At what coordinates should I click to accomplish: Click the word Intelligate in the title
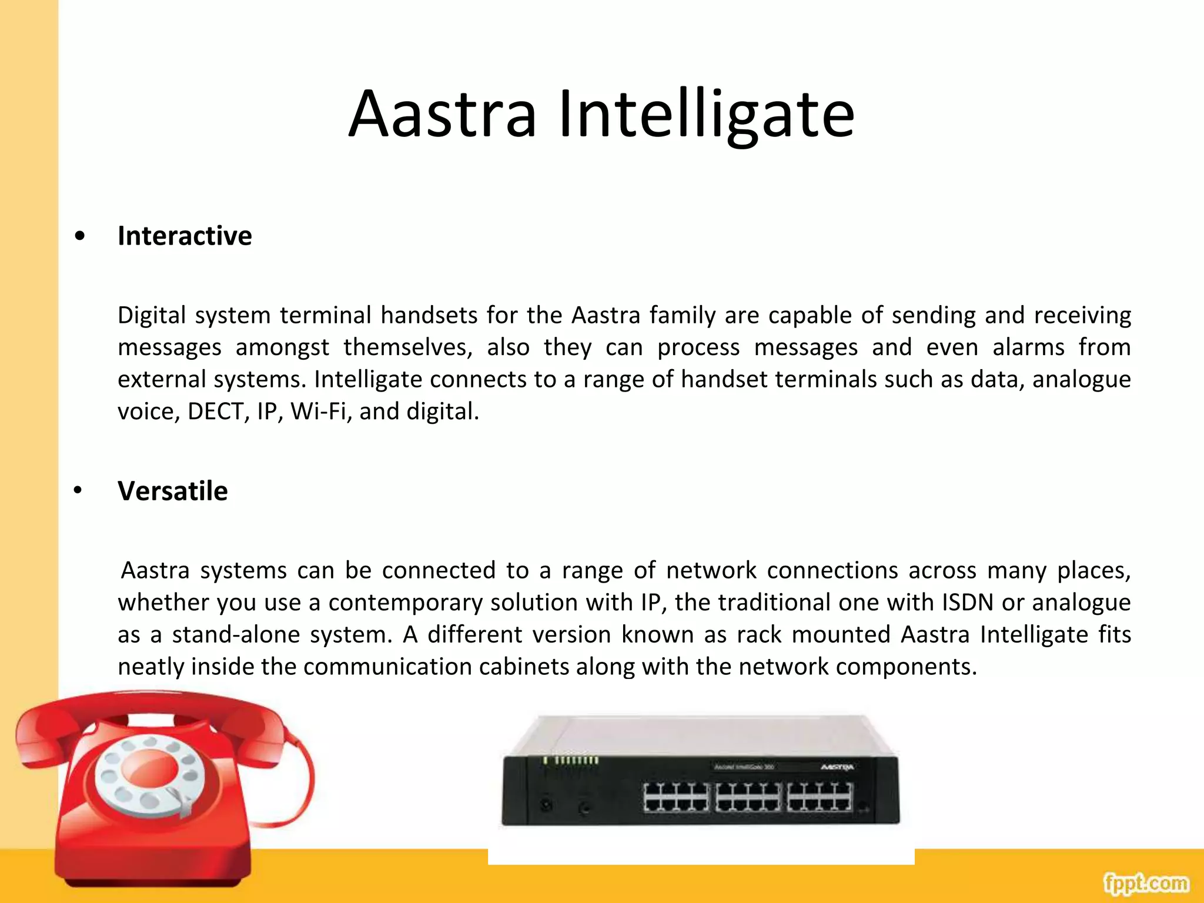[706, 115]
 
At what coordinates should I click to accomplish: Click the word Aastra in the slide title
[442, 115]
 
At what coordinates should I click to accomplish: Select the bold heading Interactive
[185, 236]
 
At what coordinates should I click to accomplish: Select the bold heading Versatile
[172, 491]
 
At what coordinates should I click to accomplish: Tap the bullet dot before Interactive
[80, 236]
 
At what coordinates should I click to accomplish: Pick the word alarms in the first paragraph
[1028, 347]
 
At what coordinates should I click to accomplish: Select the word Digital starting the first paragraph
[152, 316]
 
